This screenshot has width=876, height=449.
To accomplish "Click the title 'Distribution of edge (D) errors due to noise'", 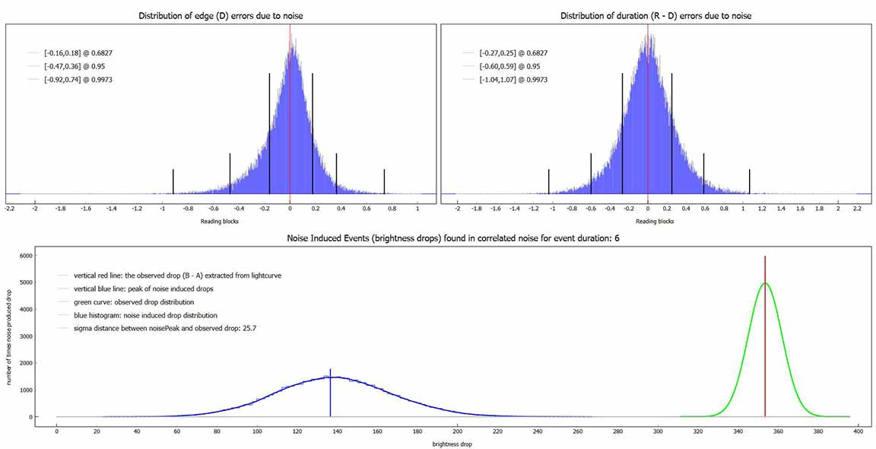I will point(222,16).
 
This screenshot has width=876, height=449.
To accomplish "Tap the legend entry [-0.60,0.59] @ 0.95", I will point(509,66).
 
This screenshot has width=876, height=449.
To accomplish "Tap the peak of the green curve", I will point(765,284).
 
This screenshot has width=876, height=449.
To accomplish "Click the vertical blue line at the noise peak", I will point(330,396).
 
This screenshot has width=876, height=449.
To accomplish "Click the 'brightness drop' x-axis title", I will point(452,444).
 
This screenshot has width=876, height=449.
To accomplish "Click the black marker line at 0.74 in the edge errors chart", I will point(384,181).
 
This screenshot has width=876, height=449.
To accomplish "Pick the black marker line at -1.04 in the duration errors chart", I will point(549,181).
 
